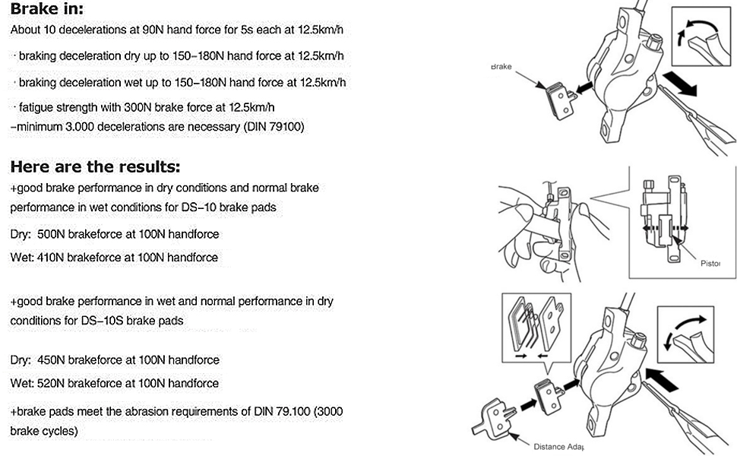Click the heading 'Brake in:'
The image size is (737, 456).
[x=46, y=10]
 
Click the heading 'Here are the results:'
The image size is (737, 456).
[x=95, y=166]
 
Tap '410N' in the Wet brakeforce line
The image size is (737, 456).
[x=50, y=258]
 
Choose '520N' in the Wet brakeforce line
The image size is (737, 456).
[x=52, y=383]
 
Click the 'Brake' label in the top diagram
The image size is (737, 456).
[x=501, y=67]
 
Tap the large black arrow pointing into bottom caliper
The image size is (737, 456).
[x=661, y=375]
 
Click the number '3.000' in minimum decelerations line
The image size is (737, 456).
[x=72, y=127]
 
